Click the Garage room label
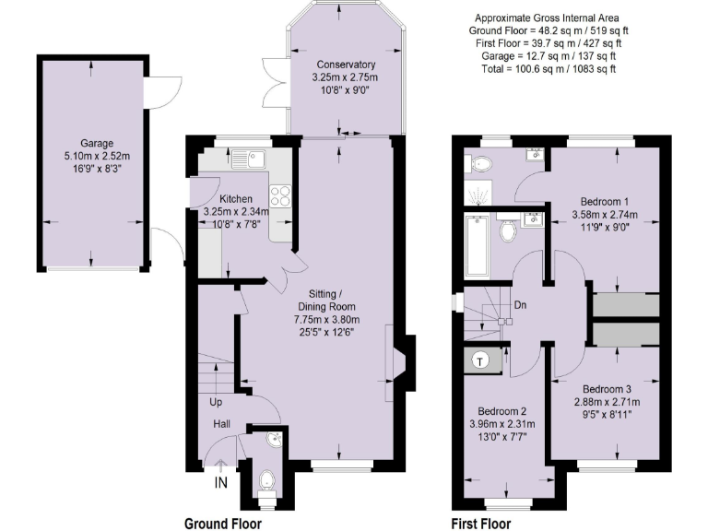(x=96, y=144)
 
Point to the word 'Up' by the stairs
(x=216, y=403)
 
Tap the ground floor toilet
(x=266, y=480)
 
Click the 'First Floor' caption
(x=479, y=523)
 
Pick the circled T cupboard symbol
(x=481, y=360)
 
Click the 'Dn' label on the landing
(x=521, y=305)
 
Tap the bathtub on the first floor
(x=477, y=245)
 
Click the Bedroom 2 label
(x=501, y=411)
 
